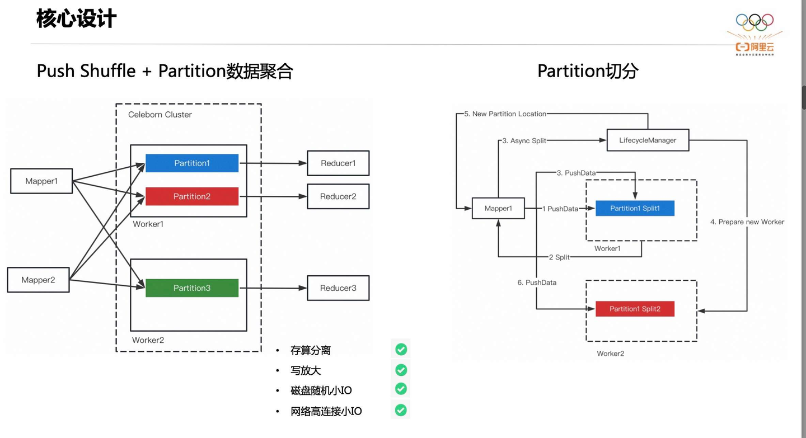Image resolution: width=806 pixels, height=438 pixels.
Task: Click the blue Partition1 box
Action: pos(192,163)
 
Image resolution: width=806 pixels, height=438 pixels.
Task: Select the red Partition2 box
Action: pos(192,196)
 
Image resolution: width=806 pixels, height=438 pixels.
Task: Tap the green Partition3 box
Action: pos(192,288)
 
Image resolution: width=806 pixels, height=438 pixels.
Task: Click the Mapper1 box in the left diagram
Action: pos(41,181)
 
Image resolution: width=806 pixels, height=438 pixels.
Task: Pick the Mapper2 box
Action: pos(38,280)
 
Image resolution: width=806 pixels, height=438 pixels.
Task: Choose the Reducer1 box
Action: pos(338,163)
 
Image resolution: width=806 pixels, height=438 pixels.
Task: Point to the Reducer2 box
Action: pos(338,196)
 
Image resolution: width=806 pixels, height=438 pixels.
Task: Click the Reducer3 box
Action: pos(338,288)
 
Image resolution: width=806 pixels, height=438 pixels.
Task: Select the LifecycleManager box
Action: pos(648,140)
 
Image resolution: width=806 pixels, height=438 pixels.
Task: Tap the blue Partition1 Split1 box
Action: pos(635,208)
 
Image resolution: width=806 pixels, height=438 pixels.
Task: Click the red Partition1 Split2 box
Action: pos(635,309)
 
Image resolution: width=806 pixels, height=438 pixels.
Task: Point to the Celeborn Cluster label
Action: pos(160,115)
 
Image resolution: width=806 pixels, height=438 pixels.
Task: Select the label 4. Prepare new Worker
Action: pos(747,222)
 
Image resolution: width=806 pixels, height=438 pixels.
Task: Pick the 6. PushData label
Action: pos(537,282)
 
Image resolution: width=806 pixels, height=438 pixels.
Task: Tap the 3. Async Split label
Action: pos(524,141)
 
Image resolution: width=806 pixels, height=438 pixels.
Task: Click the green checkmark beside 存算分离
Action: pos(401,350)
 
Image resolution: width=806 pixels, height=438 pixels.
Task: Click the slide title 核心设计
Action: pos(76,18)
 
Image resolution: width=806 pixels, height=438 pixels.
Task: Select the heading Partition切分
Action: pos(588,71)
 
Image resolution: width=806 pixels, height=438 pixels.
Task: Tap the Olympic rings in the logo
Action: pos(755,22)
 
